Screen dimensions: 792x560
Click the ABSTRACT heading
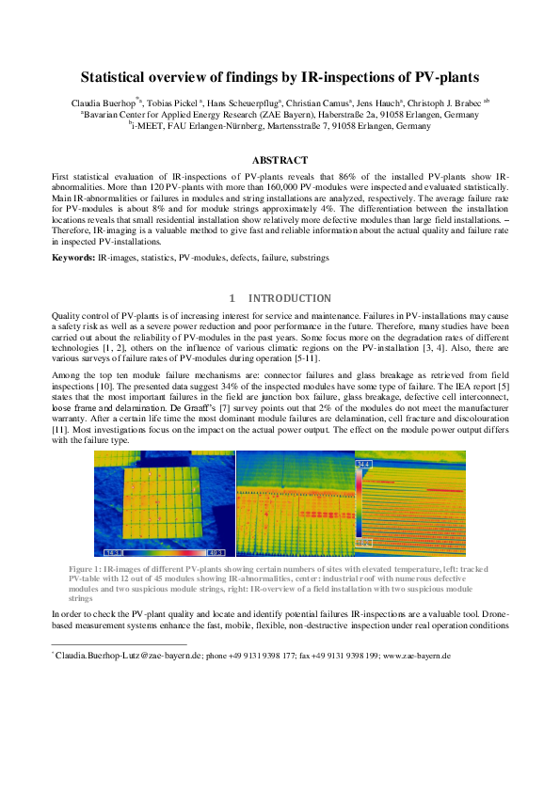[280, 161]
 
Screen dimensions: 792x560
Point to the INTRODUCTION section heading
[289, 298]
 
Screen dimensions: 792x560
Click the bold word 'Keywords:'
[72, 256]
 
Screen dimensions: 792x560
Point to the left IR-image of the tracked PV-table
[164, 503]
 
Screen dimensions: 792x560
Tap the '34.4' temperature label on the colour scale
[363, 465]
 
